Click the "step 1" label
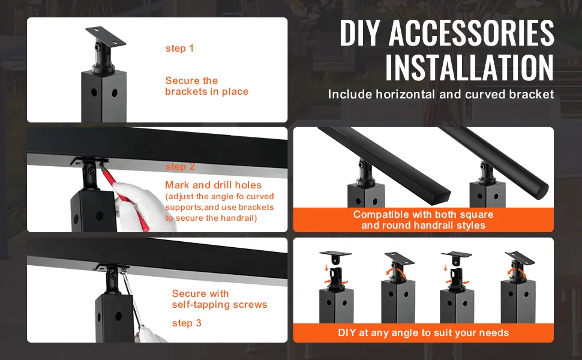[179, 49]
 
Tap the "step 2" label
[180, 167]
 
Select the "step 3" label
[187, 323]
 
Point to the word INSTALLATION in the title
[470, 67]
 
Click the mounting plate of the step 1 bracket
[106, 35]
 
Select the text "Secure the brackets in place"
[207, 86]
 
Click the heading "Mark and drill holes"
[213, 185]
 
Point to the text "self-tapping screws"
[220, 305]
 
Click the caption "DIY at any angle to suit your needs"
[423, 332]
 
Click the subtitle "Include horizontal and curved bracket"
[441, 94]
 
